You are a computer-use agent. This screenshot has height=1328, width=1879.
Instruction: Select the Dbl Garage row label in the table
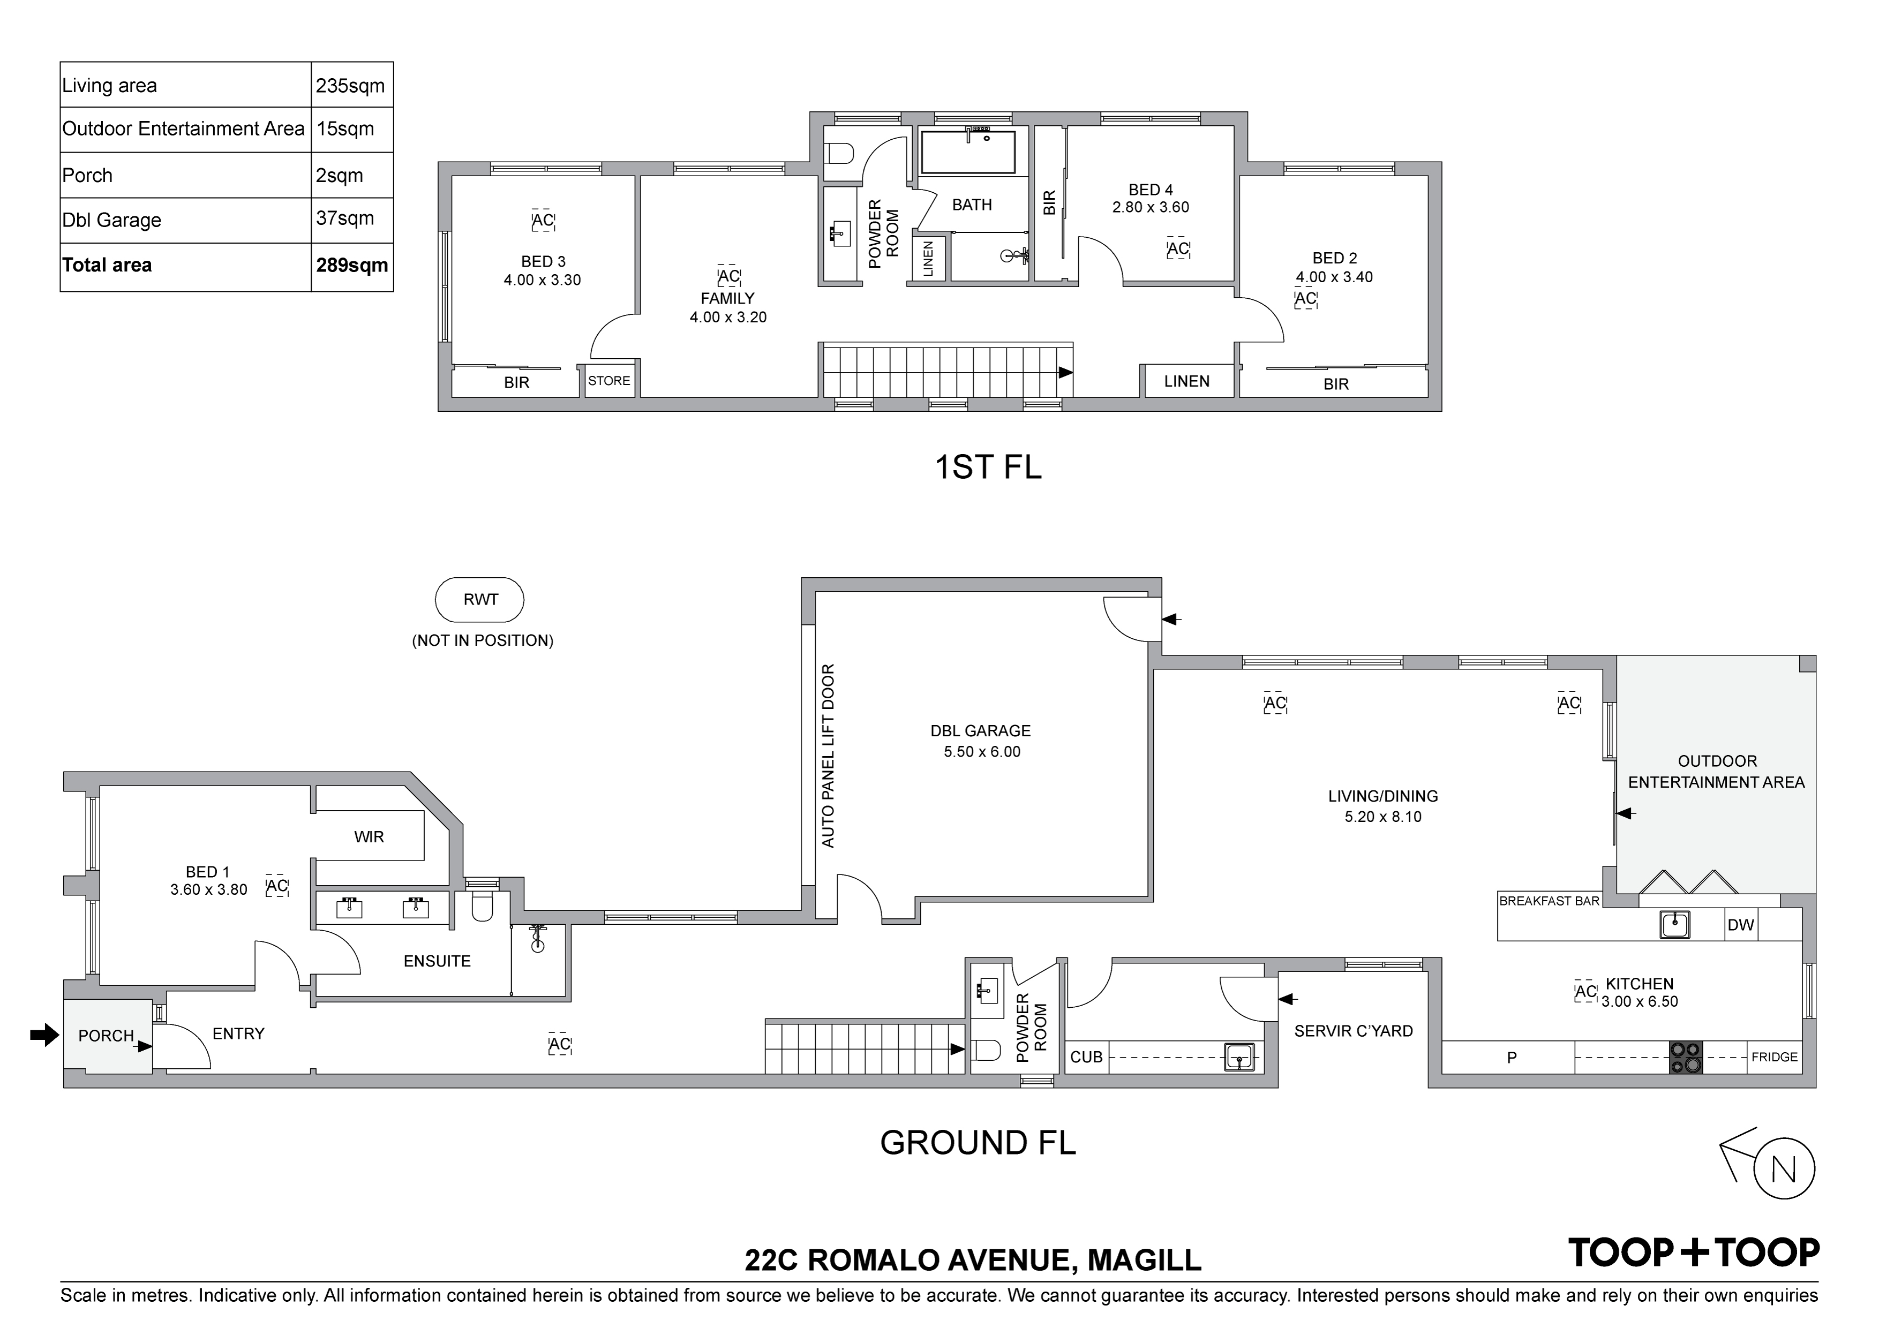(111, 220)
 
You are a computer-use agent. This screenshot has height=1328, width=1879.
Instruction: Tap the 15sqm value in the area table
(345, 129)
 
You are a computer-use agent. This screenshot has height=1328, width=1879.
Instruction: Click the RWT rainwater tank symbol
(479, 600)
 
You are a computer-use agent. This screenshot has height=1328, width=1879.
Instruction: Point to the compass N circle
(1785, 1169)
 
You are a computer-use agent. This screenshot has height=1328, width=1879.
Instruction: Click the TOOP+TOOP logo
(1693, 1252)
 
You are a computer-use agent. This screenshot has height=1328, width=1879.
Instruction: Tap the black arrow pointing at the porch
(45, 1035)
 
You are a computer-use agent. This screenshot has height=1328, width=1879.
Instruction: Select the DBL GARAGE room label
(980, 731)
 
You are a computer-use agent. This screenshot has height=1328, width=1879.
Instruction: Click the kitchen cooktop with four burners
(1685, 1057)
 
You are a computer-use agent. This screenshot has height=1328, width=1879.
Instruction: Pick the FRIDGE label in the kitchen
(1774, 1057)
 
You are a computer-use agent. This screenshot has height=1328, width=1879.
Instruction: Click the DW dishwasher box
(1741, 925)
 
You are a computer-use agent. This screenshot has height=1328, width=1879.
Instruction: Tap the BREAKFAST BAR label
(1549, 901)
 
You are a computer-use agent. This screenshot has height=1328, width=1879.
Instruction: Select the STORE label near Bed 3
(609, 381)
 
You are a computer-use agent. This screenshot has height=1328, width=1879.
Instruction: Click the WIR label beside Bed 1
(369, 837)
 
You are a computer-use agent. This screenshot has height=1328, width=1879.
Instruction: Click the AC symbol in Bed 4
(1178, 249)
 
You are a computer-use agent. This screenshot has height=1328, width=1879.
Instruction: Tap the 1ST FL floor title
(988, 467)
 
